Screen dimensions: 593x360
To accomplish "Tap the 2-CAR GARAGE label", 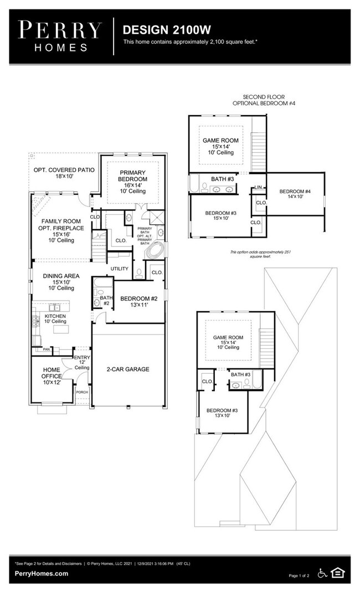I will pos(128,369).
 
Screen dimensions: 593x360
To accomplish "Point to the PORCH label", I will pos(81,392).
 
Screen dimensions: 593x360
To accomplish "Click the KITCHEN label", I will pos(55,318).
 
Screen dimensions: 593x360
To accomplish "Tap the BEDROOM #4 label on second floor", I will pos(295,194).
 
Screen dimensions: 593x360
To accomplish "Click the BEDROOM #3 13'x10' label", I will pos(222,413).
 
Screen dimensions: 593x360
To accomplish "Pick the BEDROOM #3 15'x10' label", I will pos(220,216).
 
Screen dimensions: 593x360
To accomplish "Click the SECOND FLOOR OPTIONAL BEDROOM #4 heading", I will pos(264,100).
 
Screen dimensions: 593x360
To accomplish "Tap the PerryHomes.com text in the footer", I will pos(42,574).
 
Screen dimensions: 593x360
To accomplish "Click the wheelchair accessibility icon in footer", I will pos(322,573).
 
